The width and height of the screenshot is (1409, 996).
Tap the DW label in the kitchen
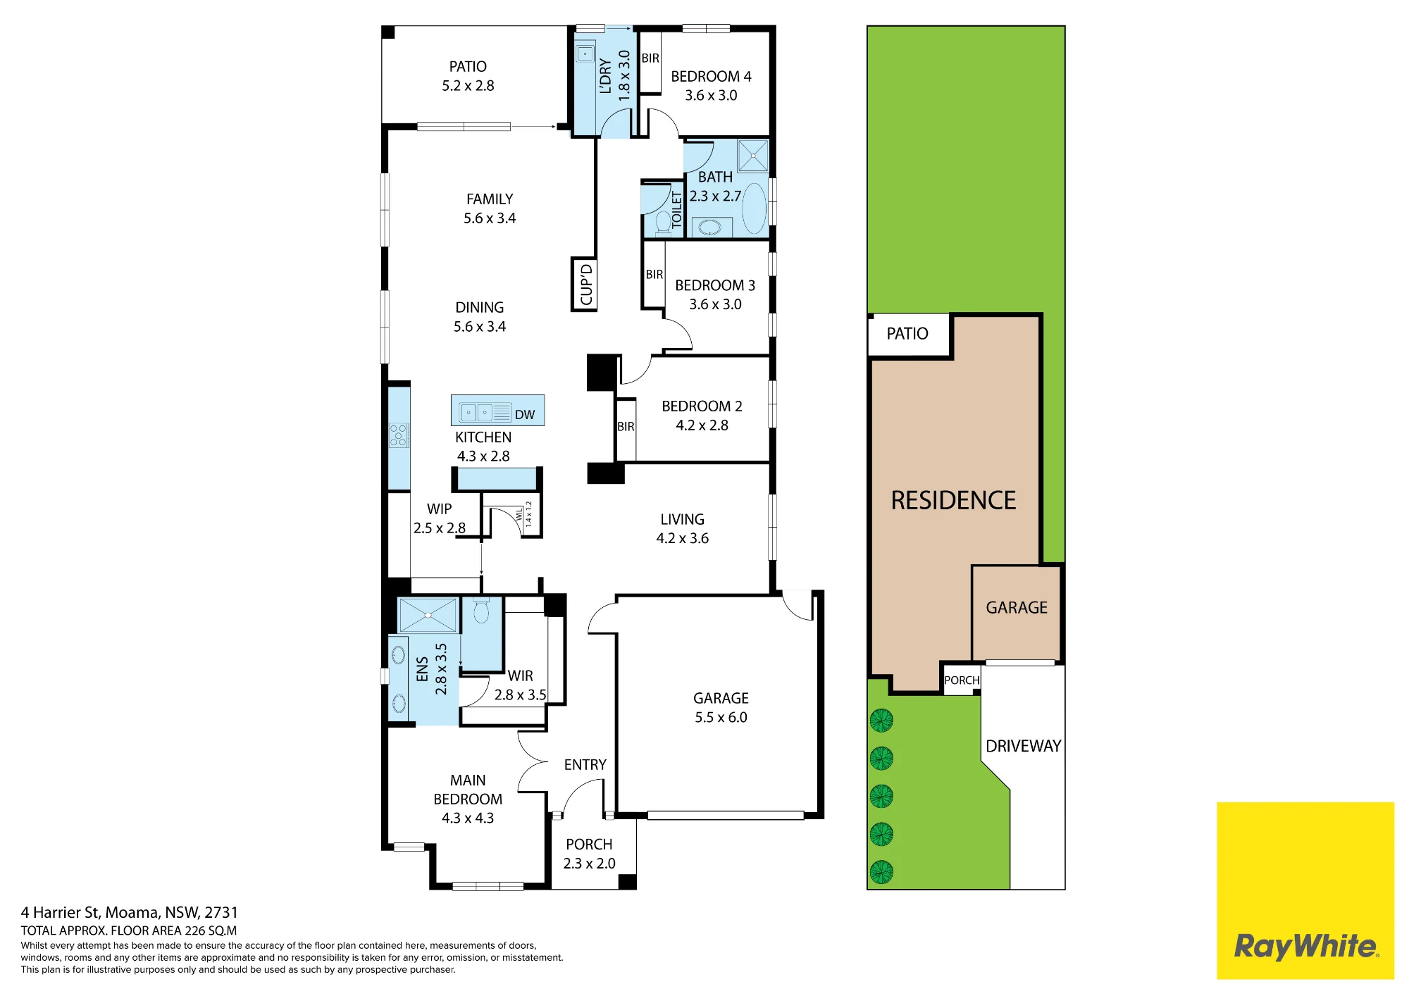tap(525, 415)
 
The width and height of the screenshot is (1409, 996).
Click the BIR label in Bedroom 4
tap(650, 58)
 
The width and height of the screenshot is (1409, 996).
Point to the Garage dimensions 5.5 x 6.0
tap(721, 717)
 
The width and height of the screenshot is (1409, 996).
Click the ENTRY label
tap(585, 764)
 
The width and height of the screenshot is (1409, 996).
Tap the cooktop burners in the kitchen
tap(399, 435)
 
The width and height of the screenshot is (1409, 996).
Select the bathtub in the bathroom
tap(754, 208)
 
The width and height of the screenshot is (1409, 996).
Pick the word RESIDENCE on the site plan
tap(953, 500)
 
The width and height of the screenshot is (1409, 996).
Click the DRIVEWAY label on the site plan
tap(1023, 746)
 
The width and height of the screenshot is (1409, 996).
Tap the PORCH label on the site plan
tap(962, 680)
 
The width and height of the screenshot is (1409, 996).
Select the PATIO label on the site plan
tap(907, 333)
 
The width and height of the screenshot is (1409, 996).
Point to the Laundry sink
tap(585, 54)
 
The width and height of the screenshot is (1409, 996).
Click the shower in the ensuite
tap(428, 615)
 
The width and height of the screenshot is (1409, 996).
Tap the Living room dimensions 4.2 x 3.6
tap(682, 538)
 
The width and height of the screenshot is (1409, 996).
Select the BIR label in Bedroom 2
tap(626, 426)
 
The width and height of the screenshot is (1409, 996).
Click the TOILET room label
tap(677, 209)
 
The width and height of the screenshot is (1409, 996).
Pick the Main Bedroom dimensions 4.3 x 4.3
tap(468, 818)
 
